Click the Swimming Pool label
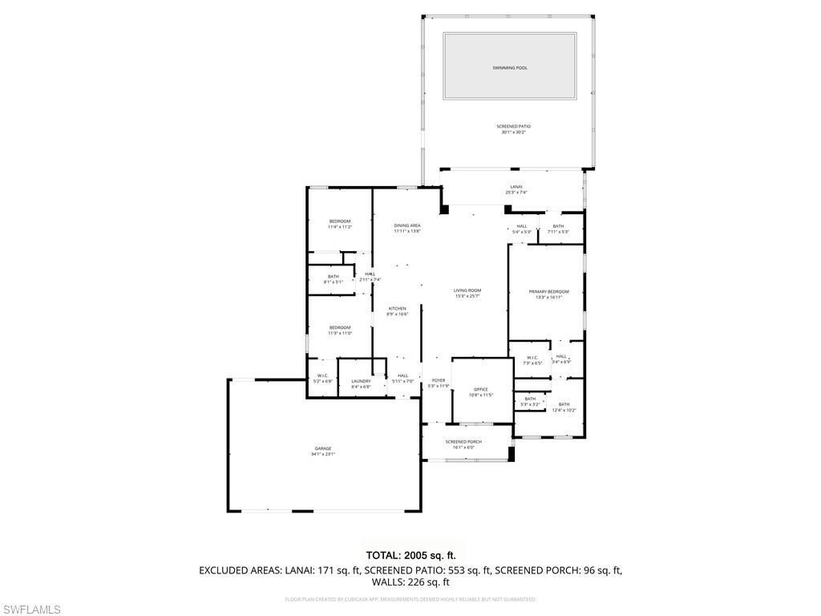510,68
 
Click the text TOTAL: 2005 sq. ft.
410,555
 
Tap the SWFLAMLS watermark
30,610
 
